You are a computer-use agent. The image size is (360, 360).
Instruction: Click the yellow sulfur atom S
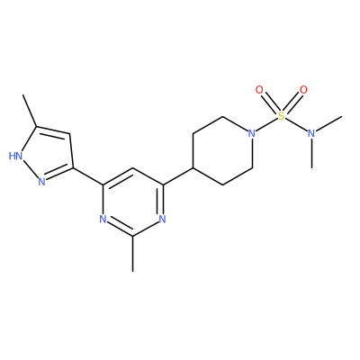coord(282,116)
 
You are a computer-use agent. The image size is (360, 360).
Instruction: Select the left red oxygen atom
coord(259,90)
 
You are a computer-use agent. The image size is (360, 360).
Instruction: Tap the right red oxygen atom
coord(303,90)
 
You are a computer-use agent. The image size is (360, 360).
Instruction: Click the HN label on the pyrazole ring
coord(16,156)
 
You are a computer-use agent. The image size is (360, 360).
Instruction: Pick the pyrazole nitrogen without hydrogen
coord(41,181)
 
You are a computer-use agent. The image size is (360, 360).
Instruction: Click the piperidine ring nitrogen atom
coord(252,133)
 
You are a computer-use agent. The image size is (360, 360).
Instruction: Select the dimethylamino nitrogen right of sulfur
coord(311,133)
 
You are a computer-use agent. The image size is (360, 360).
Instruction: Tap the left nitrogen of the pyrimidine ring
coord(103,220)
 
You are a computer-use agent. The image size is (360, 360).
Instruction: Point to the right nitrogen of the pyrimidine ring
coord(162,220)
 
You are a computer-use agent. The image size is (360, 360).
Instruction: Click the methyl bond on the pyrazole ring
coord(30,111)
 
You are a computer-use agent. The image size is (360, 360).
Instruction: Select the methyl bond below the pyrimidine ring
coord(132,254)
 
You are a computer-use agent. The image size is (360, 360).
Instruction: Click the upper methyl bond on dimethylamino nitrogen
coord(329,123)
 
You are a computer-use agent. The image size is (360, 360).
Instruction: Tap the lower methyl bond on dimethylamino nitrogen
coord(312,153)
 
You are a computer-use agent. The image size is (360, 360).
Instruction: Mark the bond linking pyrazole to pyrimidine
coord(88,176)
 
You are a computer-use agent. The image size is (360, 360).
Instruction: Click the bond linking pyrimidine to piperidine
coord(177,176)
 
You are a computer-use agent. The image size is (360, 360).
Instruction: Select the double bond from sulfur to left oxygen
coord(271,103)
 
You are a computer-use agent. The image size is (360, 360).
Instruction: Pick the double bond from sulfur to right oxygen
coord(292,103)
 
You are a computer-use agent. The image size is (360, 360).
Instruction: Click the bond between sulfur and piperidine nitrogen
coord(266,124)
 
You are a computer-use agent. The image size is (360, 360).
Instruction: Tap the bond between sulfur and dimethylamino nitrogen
coord(296,124)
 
